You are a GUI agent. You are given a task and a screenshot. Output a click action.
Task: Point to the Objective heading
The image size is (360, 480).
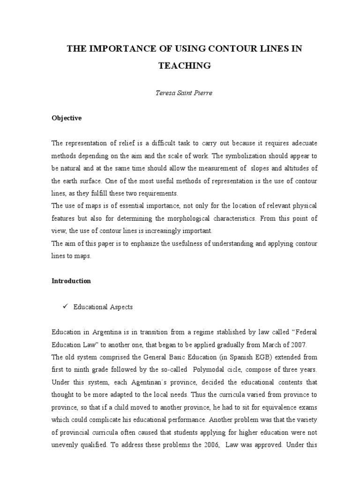click(x=67, y=118)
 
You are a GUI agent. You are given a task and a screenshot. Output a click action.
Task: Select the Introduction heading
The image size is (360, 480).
click(x=71, y=281)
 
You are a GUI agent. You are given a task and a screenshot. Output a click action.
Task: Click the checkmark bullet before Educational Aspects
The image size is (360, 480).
click(x=65, y=307)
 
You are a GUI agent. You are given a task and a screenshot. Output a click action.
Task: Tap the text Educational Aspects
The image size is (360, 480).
click(x=103, y=307)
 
